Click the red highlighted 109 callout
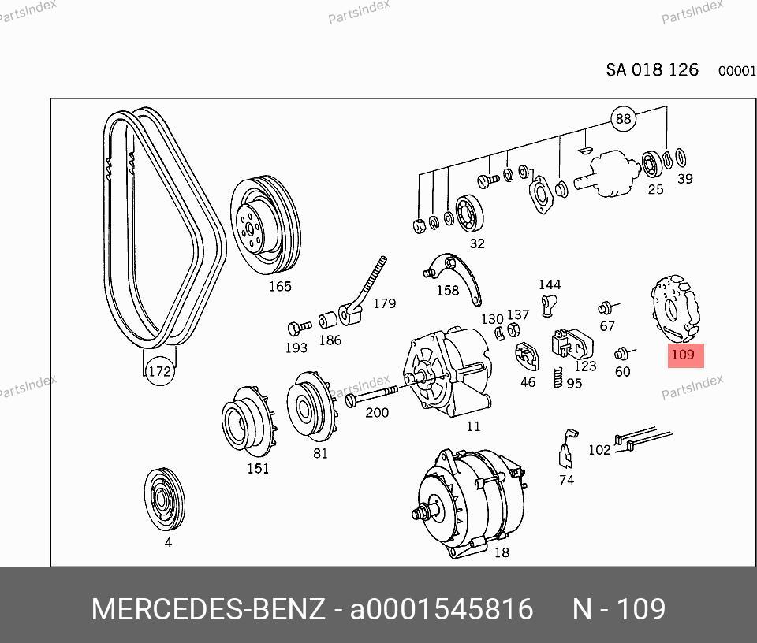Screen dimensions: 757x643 [685, 355]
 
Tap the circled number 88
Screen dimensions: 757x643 [623, 119]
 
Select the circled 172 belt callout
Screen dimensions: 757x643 [160, 371]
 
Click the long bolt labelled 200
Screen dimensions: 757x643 [371, 395]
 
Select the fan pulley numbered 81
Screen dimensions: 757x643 [311, 406]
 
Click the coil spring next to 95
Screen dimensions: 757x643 [558, 377]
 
